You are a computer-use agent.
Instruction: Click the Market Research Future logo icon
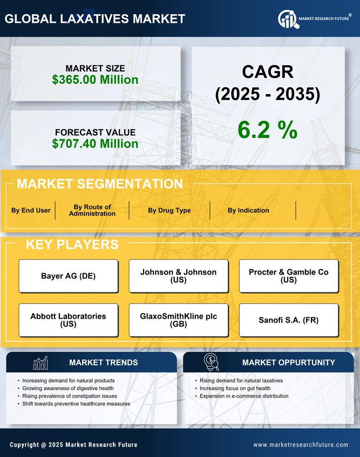click(287, 19)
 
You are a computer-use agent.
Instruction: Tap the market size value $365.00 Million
click(95, 79)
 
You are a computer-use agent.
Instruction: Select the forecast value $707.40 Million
click(95, 144)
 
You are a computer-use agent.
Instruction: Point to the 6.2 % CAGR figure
click(267, 130)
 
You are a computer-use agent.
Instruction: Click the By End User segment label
click(31, 210)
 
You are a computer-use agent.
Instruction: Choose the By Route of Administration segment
click(92, 210)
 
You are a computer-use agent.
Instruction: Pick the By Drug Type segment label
click(169, 210)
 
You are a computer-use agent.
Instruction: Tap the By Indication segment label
click(249, 210)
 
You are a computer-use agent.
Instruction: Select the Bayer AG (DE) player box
click(68, 276)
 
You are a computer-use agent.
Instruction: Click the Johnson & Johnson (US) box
click(178, 276)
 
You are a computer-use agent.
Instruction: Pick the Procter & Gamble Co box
click(289, 276)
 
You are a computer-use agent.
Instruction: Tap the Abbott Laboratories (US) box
click(68, 320)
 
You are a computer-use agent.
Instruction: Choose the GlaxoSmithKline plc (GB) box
click(178, 320)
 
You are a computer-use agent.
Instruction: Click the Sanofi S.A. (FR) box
click(289, 320)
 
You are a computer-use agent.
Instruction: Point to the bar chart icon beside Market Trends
click(41, 363)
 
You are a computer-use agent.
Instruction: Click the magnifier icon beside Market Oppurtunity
click(211, 362)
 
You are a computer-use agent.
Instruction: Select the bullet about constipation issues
click(69, 396)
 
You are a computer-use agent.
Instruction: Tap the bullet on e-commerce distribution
click(244, 396)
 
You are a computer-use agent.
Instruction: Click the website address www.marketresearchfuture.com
click(301, 445)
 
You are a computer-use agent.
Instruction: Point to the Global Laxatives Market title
click(95, 19)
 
